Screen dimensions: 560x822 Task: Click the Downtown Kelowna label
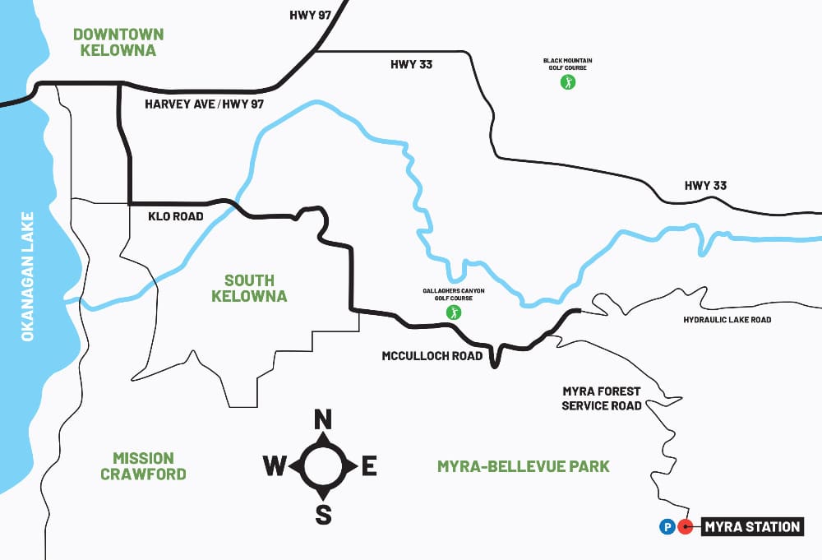118,42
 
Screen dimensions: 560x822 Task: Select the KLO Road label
175,217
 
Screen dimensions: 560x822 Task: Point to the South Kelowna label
249,289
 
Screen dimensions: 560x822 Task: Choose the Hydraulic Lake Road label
727,320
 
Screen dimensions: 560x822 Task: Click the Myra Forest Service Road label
601,399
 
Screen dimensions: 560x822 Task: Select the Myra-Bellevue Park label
524,466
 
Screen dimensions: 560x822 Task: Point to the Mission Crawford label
143,465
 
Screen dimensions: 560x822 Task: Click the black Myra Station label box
751,527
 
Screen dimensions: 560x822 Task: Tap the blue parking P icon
667,527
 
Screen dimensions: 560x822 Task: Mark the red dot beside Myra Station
686,527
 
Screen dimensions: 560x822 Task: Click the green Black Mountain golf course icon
567,81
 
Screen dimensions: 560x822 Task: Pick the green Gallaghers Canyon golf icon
453,312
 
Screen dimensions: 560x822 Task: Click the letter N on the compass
323,420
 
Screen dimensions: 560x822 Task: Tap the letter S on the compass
324,515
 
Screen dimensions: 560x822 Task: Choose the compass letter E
369,467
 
